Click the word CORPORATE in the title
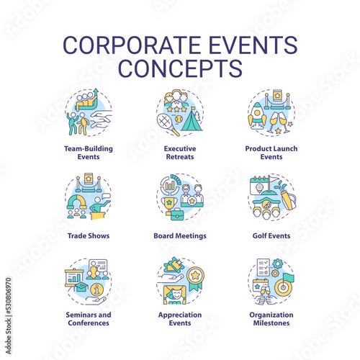pos(132,45)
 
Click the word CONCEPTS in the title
pos(180,68)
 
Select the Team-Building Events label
pos(89,153)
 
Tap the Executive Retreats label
pos(180,153)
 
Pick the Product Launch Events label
pos(271,153)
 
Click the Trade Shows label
pos(89,235)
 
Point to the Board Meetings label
pos(180,235)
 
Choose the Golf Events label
pos(271,235)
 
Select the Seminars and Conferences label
pos(89,319)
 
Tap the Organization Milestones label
pos(271,319)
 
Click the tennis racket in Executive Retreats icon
pos(167,124)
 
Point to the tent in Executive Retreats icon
pos(192,120)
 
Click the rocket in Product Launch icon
pos(257,116)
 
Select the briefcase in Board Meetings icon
pos(177,214)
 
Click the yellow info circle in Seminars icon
pos(96,289)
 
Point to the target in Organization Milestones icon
pos(284,287)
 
